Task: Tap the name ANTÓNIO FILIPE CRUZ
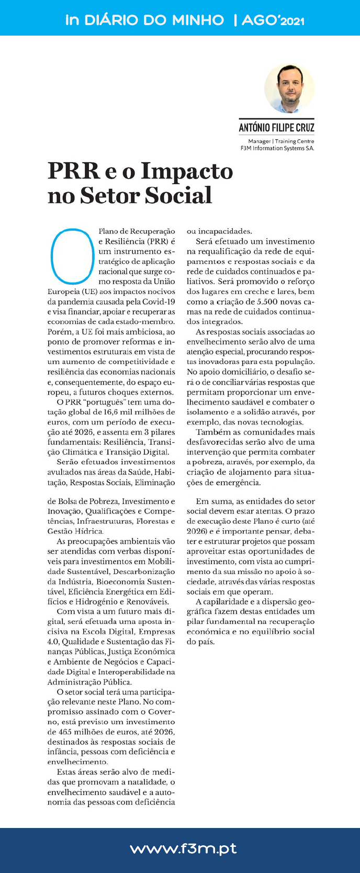click(x=276, y=128)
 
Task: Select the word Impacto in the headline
click(x=187, y=171)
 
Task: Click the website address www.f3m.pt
click(x=183, y=848)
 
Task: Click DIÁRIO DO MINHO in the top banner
click(x=154, y=20)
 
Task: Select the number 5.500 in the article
click(x=269, y=302)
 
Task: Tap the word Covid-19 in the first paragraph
click(x=160, y=301)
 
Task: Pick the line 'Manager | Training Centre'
click(x=281, y=141)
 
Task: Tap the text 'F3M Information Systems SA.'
click(x=277, y=148)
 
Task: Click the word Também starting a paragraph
click(x=210, y=432)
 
